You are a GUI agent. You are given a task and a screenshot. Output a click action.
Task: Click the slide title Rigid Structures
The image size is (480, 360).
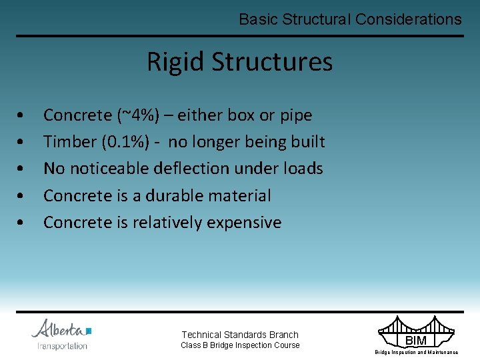(x=239, y=62)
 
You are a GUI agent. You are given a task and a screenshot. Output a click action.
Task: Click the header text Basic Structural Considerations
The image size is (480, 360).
(x=350, y=19)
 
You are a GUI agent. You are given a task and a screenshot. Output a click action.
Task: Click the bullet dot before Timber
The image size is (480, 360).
(x=23, y=143)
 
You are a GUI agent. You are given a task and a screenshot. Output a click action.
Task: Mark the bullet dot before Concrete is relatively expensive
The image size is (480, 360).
(x=23, y=223)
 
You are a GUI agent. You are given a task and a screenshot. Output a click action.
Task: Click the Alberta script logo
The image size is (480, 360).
(x=60, y=329)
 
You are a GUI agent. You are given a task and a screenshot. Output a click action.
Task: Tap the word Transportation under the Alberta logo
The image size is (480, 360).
(x=62, y=346)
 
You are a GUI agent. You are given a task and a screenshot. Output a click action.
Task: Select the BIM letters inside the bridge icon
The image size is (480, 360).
(x=415, y=341)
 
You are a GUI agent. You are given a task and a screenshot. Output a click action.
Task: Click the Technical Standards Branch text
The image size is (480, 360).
(x=240, y=335)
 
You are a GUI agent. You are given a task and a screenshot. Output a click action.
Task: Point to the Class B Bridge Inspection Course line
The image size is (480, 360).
(x=241, y=345)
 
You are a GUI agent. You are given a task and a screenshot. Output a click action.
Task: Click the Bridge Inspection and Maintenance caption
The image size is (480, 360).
(x=416, y=352)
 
